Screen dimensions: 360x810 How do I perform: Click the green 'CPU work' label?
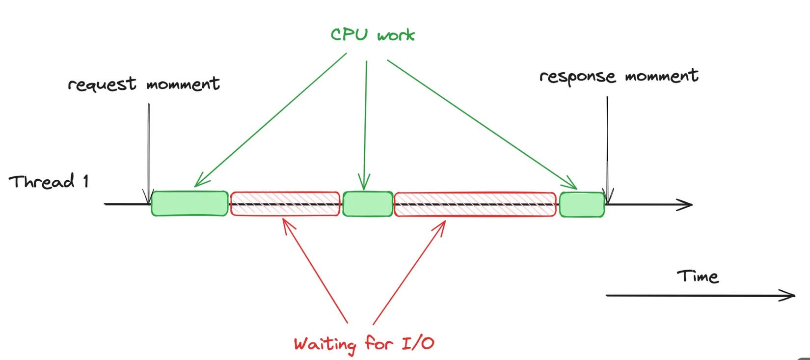(373, 35)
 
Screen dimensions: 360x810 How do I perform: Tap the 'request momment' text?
(144, 84)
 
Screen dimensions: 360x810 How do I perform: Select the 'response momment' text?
(619, 76)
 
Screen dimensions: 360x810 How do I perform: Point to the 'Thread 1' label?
(48, 182)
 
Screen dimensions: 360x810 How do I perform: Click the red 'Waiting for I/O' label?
(364, 343)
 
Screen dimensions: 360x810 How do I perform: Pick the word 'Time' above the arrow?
(698, 276)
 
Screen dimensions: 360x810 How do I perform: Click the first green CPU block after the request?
(189, 203)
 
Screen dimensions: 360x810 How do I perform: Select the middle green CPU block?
(368, 204)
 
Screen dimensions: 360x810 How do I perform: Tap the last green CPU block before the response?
(582, 204)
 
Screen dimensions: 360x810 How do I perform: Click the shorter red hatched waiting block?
(285, 204)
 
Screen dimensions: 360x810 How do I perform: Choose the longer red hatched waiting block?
(475, 204)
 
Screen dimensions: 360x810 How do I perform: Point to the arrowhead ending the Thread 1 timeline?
(686, 204)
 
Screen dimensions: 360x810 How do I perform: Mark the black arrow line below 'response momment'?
(607, 147)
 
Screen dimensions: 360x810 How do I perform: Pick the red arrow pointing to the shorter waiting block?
(314, 270)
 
